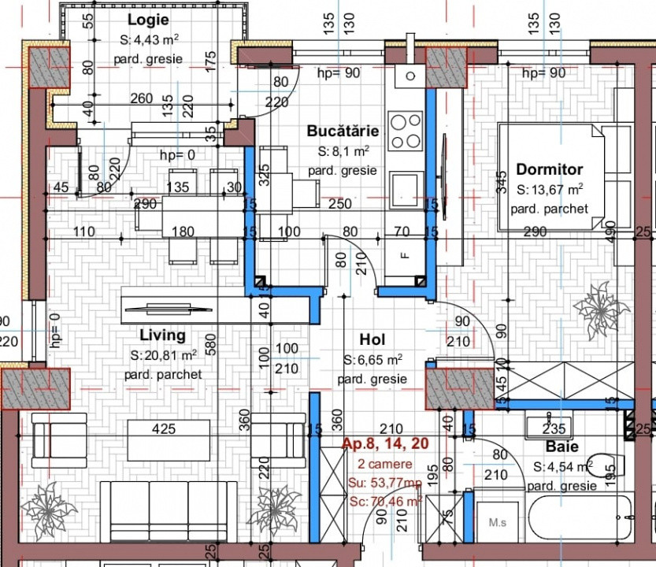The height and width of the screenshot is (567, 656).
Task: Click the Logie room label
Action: tap(150, 20)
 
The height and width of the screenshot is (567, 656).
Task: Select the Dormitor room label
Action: tap(549, 169)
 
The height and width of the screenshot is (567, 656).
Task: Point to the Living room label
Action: tap(162, 335)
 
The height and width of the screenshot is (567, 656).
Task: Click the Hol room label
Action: tap(372, 339)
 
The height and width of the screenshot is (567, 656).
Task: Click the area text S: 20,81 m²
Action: tap(162, 355)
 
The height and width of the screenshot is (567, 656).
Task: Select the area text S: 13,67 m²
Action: tap(549, 190)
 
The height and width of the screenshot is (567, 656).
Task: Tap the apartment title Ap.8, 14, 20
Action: tap(385, 444)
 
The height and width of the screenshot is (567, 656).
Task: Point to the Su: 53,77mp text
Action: tap(385, 482)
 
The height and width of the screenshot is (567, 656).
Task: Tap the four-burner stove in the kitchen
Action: tap(406, 132)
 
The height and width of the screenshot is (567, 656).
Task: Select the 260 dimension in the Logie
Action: tap(141, 99)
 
